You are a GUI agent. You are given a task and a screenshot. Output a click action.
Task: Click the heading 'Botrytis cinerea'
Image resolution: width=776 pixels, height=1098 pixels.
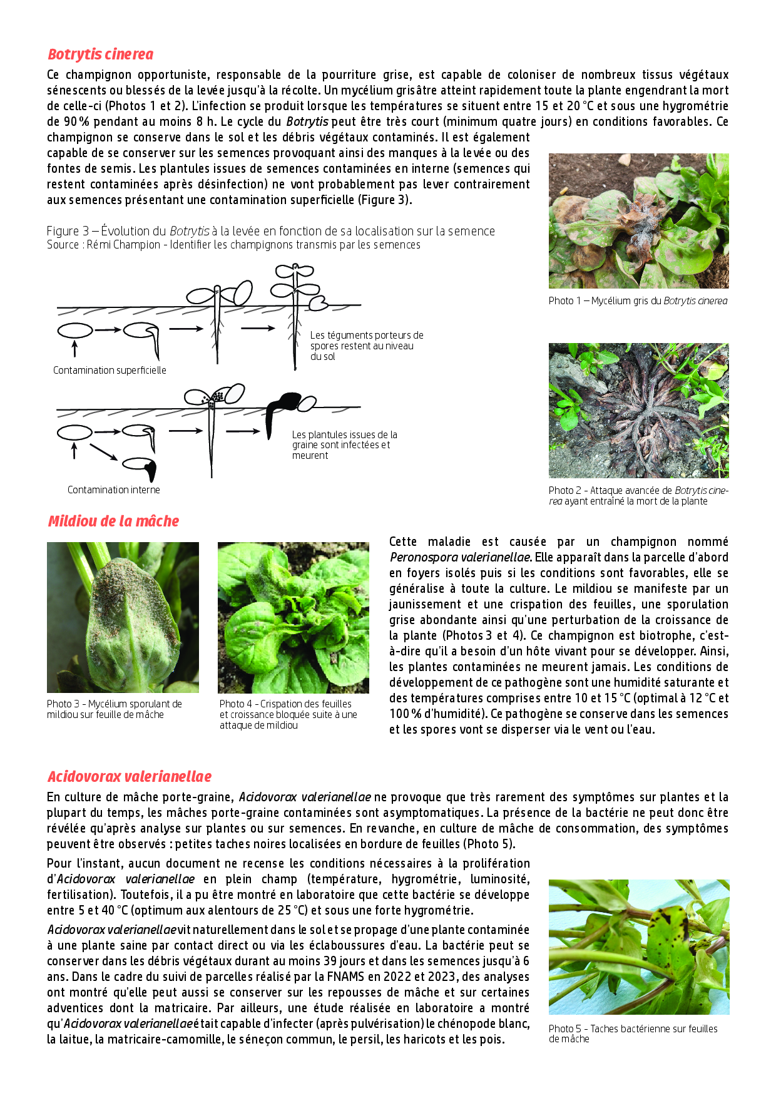(x=100, y=54)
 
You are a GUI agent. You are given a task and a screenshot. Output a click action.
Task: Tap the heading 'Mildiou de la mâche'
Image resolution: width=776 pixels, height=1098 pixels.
(x=113, y=521)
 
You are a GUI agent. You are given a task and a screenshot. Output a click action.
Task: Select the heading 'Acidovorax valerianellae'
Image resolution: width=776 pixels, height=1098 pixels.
(x=130, y=776)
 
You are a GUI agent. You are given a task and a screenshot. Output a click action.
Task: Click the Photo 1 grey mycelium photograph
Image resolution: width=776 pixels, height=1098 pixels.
(x=638, y=220)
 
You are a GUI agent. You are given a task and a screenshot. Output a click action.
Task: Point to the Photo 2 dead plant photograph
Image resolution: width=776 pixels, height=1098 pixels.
(x=638, y=410)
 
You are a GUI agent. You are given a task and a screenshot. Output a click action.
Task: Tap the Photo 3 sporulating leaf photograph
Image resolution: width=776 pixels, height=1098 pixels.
(x=123, y=617)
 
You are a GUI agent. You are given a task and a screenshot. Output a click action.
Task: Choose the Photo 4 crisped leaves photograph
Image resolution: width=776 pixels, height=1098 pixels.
(x=293, y=617)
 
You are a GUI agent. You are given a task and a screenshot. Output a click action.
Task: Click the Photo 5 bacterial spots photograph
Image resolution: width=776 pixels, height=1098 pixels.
(x=638, y=947)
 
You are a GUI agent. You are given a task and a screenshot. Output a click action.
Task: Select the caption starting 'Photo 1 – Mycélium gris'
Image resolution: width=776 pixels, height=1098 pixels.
(x=638, y=301)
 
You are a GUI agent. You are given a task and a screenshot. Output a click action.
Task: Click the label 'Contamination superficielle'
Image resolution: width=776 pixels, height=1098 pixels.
(x=110, y=371)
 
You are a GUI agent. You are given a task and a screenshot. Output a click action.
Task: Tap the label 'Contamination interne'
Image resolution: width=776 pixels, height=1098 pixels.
(x=113, y=490)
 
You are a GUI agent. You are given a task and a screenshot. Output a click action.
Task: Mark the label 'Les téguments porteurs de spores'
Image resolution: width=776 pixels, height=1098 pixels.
(x=366, y=346)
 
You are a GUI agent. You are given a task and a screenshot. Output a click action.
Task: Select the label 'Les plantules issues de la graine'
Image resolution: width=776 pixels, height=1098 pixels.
(x=344, y=444)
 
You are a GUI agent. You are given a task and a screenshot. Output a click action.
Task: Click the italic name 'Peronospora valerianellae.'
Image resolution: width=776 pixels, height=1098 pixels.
(x=461, y=557)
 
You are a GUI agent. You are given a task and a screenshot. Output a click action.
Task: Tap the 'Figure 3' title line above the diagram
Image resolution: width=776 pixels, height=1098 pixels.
(x=270, y=231)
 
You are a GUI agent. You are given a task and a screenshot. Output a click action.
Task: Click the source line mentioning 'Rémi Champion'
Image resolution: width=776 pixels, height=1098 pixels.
(x=233, y=245)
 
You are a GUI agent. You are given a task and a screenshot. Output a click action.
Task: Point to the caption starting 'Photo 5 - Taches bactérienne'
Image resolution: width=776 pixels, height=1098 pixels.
(x=632, y=1034)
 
